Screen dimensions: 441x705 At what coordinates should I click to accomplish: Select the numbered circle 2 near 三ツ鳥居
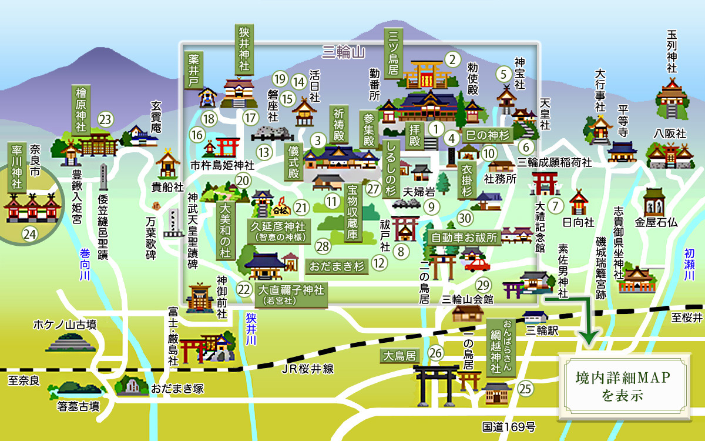[x=452, y=59]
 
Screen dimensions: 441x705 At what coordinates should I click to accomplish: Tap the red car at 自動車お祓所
[x=476, y=261]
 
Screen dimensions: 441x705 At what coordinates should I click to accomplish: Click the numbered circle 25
[x=525, y=388]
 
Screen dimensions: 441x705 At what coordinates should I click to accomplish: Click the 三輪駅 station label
[x=542, y=331]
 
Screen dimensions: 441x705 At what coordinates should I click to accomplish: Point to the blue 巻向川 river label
[x=86, y=265]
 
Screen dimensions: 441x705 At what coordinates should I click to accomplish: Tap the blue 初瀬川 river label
[x=689, y=265]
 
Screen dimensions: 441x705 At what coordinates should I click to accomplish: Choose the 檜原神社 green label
[x=81, y=109]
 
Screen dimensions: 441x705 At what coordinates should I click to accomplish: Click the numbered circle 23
[x=105, y=119]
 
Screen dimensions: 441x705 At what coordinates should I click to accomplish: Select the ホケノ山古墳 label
[x=65, y=324]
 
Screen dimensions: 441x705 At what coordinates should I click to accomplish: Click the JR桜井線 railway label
[x=307, y=369]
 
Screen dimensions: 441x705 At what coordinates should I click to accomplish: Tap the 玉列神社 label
[x=672, y=51]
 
